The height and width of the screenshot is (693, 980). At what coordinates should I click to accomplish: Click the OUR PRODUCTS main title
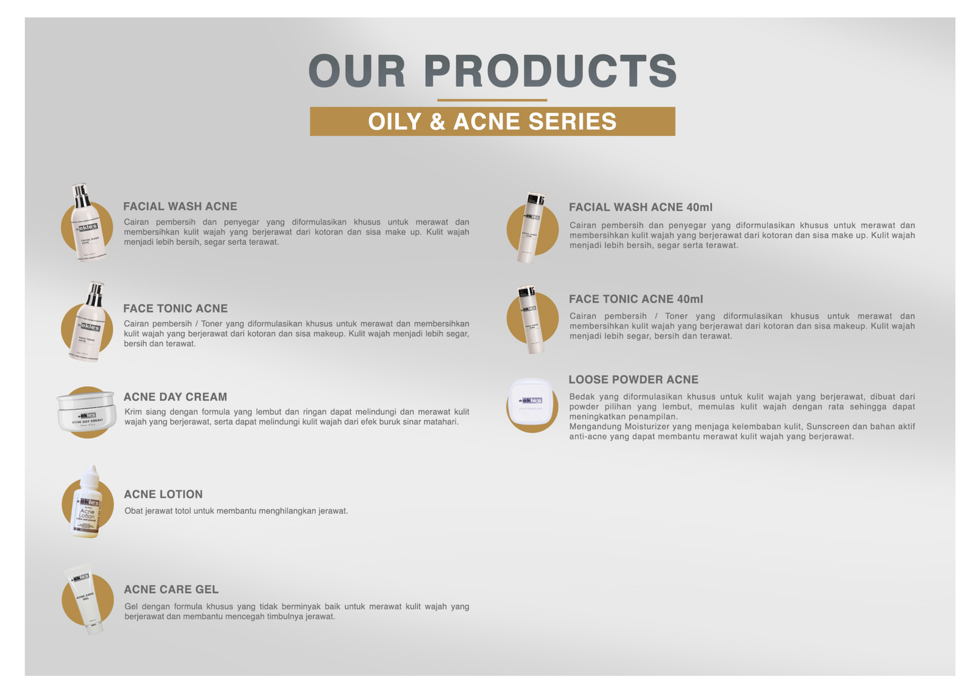[492, 70]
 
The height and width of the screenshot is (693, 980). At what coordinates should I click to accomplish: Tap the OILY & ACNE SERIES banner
[492, 121]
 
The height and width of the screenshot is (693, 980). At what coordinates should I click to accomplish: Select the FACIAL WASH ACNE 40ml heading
[640, 208]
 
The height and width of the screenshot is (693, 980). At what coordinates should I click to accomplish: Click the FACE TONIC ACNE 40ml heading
[635, 299]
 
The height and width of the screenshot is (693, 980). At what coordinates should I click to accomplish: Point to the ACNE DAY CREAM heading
[175, 397]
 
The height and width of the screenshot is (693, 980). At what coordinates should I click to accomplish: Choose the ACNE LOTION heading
[163, 495]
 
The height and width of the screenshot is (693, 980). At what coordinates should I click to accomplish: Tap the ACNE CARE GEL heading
[171, 590]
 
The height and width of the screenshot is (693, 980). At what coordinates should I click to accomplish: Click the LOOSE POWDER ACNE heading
[633, 380]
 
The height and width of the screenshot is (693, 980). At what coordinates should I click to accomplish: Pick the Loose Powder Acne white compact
[531, 401]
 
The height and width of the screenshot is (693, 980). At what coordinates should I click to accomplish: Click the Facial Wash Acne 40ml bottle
[530, 228]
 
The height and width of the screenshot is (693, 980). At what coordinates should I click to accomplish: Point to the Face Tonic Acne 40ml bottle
[529, 320]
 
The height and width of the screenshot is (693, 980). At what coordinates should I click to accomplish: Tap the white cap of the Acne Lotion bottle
[91, 475]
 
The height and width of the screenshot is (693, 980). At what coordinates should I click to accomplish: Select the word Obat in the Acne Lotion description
[134, 511]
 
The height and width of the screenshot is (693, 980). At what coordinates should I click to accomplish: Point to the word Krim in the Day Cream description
[133, 412]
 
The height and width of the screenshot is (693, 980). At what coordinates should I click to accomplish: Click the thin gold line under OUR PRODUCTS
[492, 100]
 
